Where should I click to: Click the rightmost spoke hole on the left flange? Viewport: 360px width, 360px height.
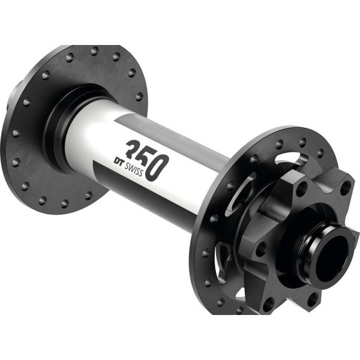[139, 95]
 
